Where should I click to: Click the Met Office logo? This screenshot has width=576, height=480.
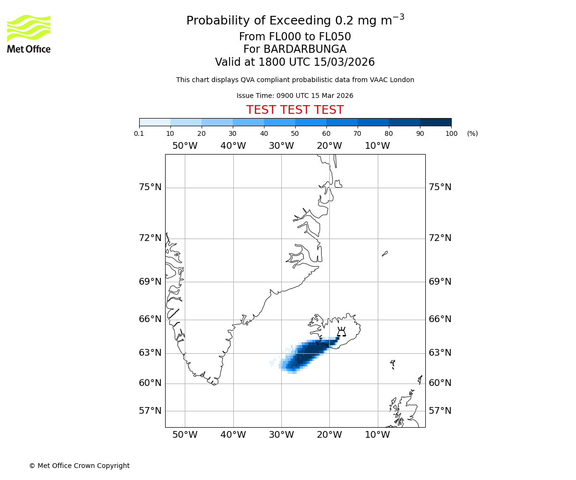pyautogui.click(x=29, y=34)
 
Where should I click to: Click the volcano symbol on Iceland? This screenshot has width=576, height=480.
pyautogui.click(x=341, y=332)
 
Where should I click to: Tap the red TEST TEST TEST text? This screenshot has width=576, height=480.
pyautogui.click(x=295, y=110)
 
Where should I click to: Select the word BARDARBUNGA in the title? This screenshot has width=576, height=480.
pyautogui.click(x=295, y=49)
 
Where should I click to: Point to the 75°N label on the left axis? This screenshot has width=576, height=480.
pyautogui.click(x=150, y=187)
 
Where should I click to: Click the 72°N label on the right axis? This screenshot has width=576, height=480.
pyautogui.click(x=440, y=238)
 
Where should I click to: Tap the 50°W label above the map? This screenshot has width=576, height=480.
pyautogui.click(x=185, y=146)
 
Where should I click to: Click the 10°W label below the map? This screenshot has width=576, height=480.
pyautogui.click(x=377, y=435)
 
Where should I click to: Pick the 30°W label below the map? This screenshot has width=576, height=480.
pyautogui.click(x=281, y=435)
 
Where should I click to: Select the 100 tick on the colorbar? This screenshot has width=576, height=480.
pyautogui.click(x=451, y=133)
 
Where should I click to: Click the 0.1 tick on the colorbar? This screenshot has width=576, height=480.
pyautogui.click(x=139, y=133)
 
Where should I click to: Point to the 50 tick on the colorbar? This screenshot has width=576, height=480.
pyautogui.click(x=295, y=133)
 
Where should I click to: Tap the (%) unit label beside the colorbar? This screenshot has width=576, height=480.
pyautogui.click(x=472, y=133)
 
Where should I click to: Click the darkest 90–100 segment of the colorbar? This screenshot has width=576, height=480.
pyautogui.click(x=435, y=122)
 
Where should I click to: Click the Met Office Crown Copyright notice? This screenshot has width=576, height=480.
pyautogui.click(x=79, y=466)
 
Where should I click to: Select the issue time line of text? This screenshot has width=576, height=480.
pyautogui.click(x=295, y=96)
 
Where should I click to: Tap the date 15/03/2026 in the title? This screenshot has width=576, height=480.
pyautogui.click(x=344, y=62)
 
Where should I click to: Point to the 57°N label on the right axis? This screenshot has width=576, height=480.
pyautogui.click(x=440, y=411)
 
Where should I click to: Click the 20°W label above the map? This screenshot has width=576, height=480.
pyautogui.click(x=329, y=146)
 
